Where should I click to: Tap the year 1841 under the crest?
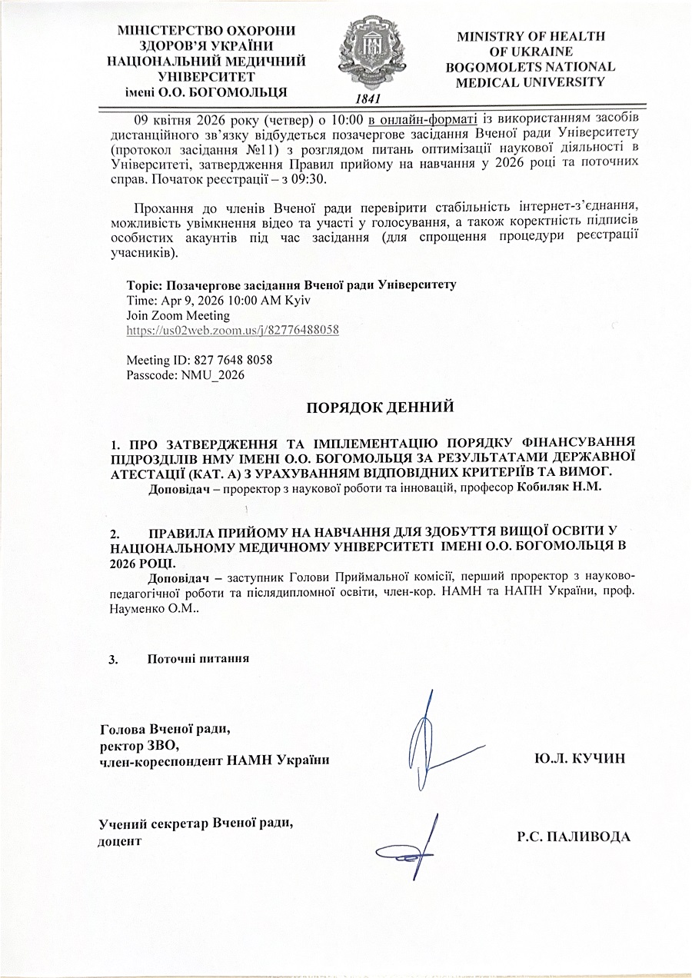coord(369,99)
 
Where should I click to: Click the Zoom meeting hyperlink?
coord(232,330)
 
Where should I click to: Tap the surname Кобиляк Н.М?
coord(570,487)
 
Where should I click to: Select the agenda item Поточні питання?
coord(198,659)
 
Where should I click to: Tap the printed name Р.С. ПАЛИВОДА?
coord(574,837)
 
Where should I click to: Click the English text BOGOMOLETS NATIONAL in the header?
coord(531,67)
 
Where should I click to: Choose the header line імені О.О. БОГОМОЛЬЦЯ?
coord(207,93)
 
